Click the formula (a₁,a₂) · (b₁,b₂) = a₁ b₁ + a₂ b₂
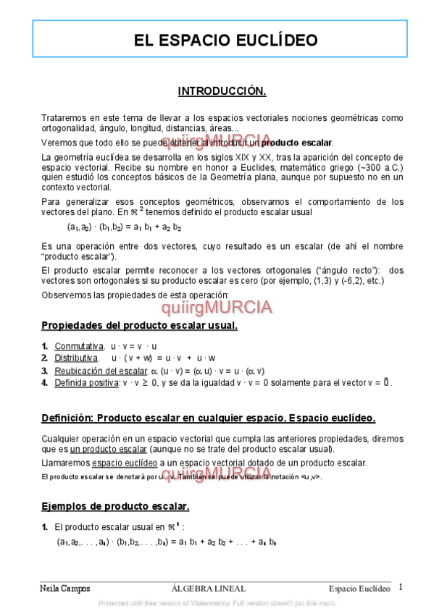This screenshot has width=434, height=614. (x=123, y=227)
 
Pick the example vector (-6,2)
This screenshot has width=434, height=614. (x=340, y=280)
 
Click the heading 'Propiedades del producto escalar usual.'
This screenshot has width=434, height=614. (x=139, y=325)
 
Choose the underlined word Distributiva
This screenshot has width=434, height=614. (x=77, y=358)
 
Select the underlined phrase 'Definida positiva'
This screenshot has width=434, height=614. (x=86, y=382)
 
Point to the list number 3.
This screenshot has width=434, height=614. (x=45, y=371)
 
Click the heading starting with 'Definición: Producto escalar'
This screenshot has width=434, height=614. (x=209, y=419)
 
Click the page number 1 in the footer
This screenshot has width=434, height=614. (x=401, y=587)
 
